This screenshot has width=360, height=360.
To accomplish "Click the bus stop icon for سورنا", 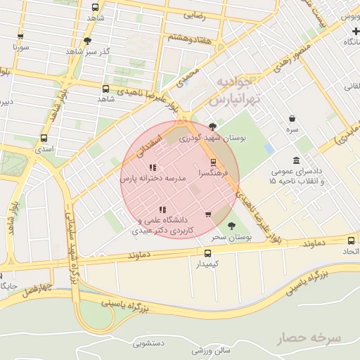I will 20,36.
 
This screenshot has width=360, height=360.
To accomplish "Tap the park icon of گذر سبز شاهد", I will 87,41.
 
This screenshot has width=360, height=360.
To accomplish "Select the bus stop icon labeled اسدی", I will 44,139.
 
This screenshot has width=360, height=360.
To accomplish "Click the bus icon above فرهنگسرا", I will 214,162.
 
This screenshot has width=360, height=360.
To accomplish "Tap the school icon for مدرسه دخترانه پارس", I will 152,168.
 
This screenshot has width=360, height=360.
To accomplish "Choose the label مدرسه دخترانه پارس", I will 153,180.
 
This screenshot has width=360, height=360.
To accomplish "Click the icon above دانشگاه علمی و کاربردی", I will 162,209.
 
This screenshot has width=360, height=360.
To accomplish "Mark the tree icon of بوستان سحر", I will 232,226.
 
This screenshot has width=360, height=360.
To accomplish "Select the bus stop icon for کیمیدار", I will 207,253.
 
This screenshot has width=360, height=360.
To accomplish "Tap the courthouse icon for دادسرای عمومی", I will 296,160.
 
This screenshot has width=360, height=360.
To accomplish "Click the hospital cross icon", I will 354,30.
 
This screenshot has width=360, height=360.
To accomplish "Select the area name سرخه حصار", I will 309,338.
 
